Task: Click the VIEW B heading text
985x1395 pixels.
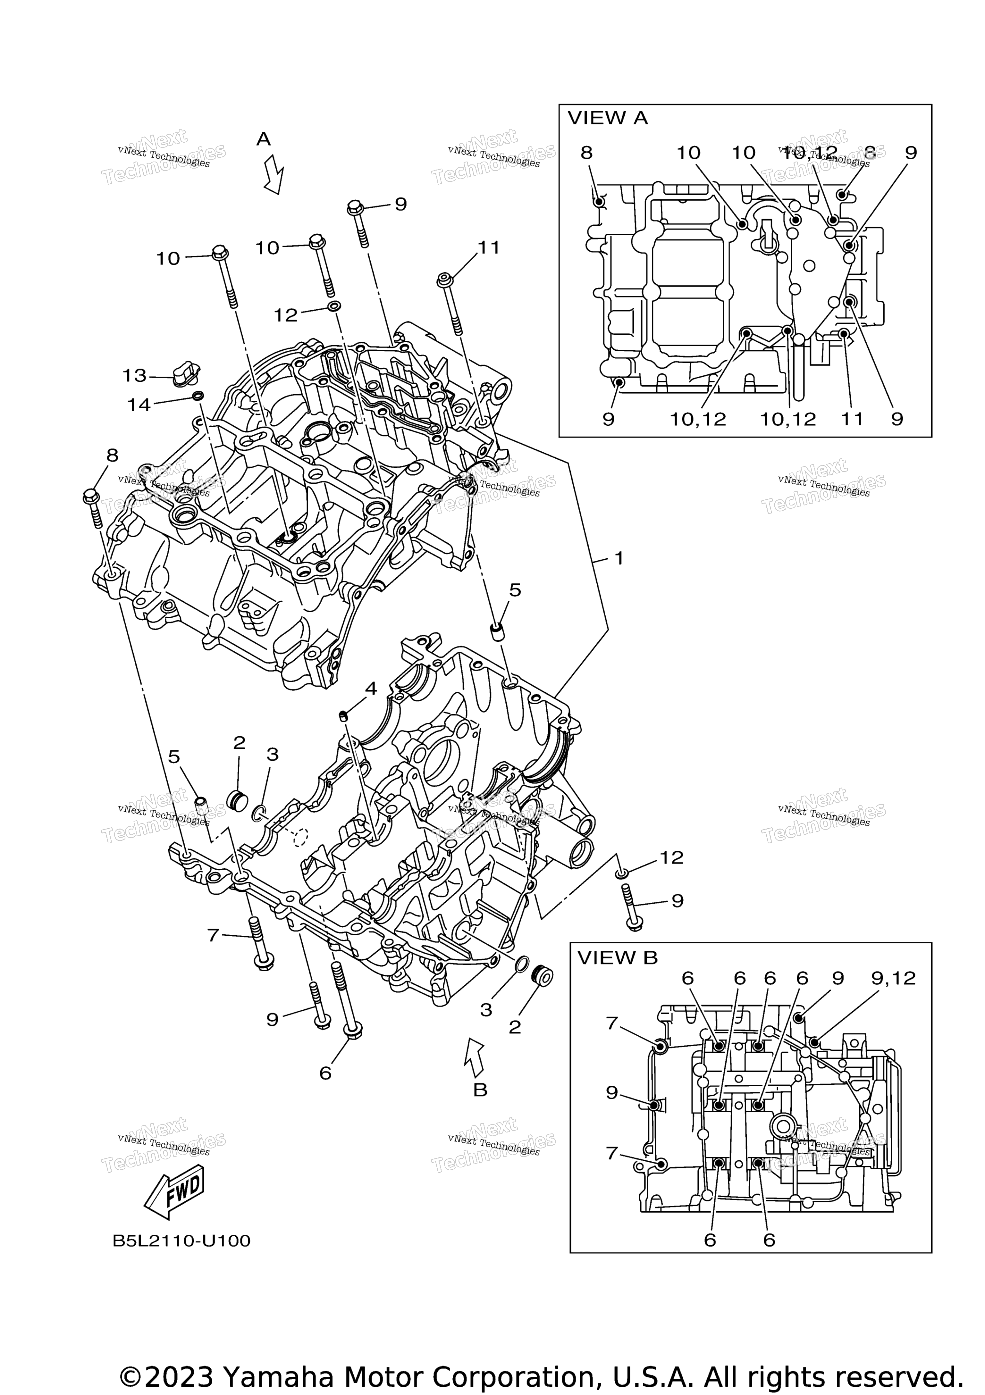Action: [x=617, y=958]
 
